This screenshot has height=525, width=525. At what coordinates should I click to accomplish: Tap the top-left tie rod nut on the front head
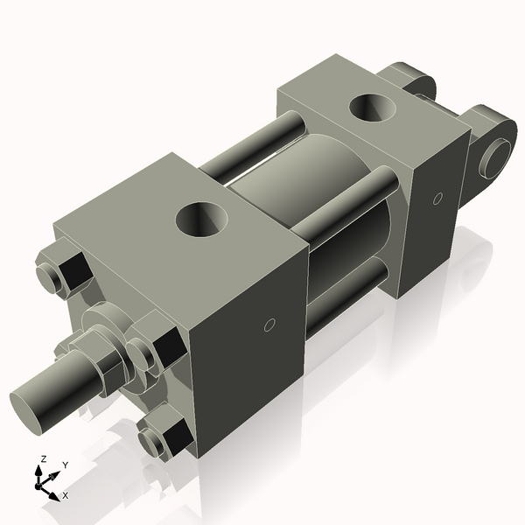pos(66,271)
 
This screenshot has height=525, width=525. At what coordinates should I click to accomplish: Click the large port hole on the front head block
pos(203,218)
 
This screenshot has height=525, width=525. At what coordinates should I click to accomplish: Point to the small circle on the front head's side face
pos(270,325)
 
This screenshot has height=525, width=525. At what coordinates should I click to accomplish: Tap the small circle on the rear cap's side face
pos(437,199)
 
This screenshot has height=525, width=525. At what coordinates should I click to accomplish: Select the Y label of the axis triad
pos(64,465)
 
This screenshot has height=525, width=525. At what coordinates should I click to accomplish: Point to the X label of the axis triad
pos(65,495)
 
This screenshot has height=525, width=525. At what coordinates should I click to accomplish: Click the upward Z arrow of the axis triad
pos(39,473)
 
